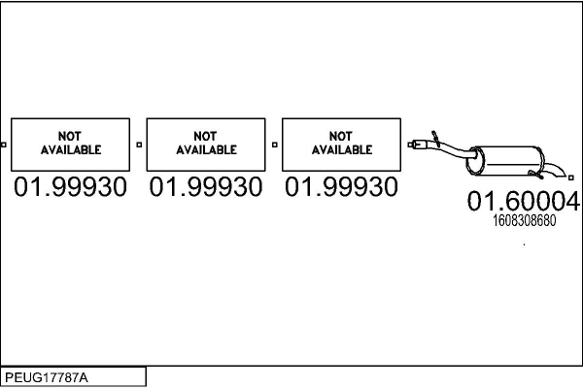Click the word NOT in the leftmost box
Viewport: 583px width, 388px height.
(70, 137)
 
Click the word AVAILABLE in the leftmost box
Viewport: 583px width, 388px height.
(70, 150)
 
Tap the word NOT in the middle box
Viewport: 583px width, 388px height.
(205, 137)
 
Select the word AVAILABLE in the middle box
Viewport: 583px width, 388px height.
(205, 150)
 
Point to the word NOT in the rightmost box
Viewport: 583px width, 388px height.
(341, 137)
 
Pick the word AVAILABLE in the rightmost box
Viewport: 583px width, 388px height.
(341, 150)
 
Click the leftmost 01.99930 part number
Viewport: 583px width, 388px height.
(70, 187)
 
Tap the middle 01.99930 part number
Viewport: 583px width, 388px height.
(205, 187)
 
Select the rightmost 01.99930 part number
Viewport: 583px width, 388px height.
(341, 187)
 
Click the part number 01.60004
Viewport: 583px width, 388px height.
(523, 202)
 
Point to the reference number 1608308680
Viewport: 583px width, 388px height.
(524, 220)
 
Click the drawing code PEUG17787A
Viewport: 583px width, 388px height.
(46, 376)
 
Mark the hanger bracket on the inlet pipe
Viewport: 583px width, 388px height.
(435, 133)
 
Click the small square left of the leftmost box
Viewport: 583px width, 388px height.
(4, 145)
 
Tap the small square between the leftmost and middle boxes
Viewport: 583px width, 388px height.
(139, 145)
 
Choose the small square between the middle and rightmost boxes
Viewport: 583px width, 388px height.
(275, 145)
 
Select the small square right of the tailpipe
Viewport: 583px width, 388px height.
(577, 178)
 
